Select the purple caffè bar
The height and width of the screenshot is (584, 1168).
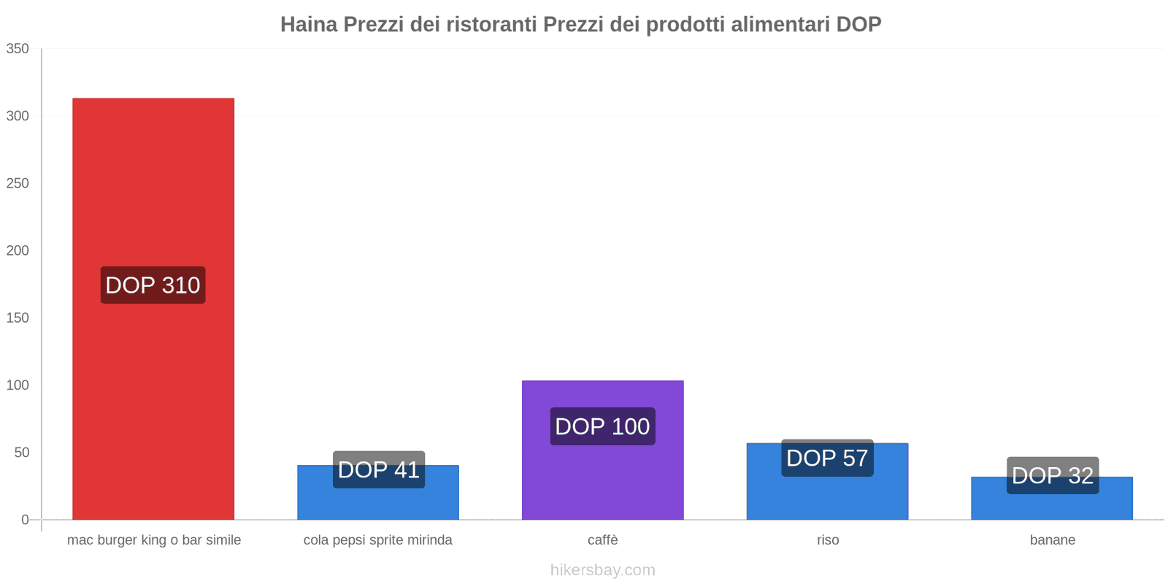coord(602,482)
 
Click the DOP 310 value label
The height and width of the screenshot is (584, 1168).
coord(153,285)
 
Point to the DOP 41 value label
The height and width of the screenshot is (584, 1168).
coord(378,469)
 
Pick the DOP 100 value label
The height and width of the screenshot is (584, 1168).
coord(602,426)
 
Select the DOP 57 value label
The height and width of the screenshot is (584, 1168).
coord(827,458)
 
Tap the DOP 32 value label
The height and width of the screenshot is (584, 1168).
coord(1052,475)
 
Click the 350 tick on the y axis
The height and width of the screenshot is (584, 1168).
coord(18,49)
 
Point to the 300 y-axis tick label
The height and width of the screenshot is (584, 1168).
coord(18,116)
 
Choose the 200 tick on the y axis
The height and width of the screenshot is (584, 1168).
coord(18,250)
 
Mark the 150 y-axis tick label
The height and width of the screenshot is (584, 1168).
coord(18,318)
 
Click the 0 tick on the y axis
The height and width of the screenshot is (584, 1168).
coord(25,520)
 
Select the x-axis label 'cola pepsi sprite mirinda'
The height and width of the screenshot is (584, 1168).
coord(377,540)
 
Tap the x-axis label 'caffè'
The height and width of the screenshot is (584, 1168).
coord(602,540)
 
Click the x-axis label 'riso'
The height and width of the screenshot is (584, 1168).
coord(828,540)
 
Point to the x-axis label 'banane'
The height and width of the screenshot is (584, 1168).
coord(1052,540)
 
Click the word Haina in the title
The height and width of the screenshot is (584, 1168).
coord(309,24)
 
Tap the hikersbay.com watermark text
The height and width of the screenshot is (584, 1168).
coord(602,570)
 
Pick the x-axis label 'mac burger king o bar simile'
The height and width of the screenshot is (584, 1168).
coord(153,540)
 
